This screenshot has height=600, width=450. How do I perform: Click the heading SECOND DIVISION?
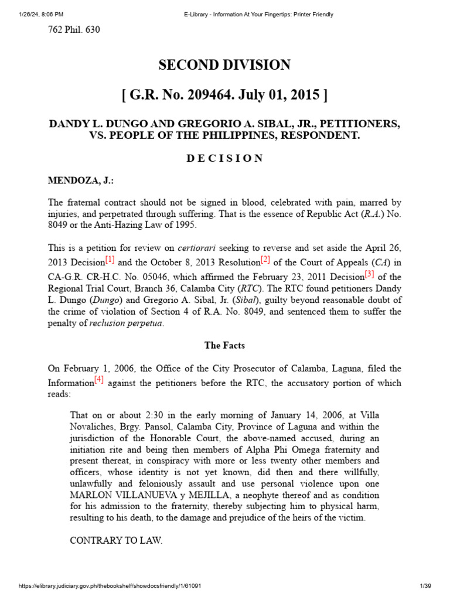point(224,65)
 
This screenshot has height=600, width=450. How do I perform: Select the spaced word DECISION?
point(224,159)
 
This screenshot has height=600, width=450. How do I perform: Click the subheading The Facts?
point(224,346)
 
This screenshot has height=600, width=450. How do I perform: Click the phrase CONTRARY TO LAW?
point(115,540)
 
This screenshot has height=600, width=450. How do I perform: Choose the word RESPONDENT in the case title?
point(311,135)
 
